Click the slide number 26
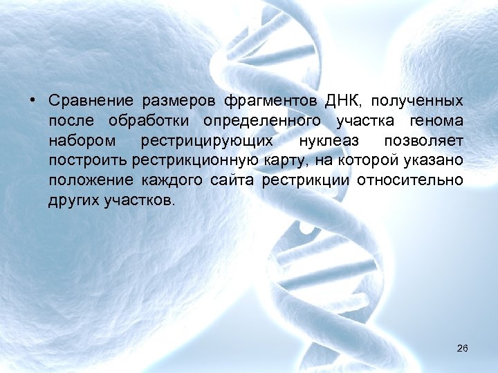click(463, 348)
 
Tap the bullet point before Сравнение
click(33, 101)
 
